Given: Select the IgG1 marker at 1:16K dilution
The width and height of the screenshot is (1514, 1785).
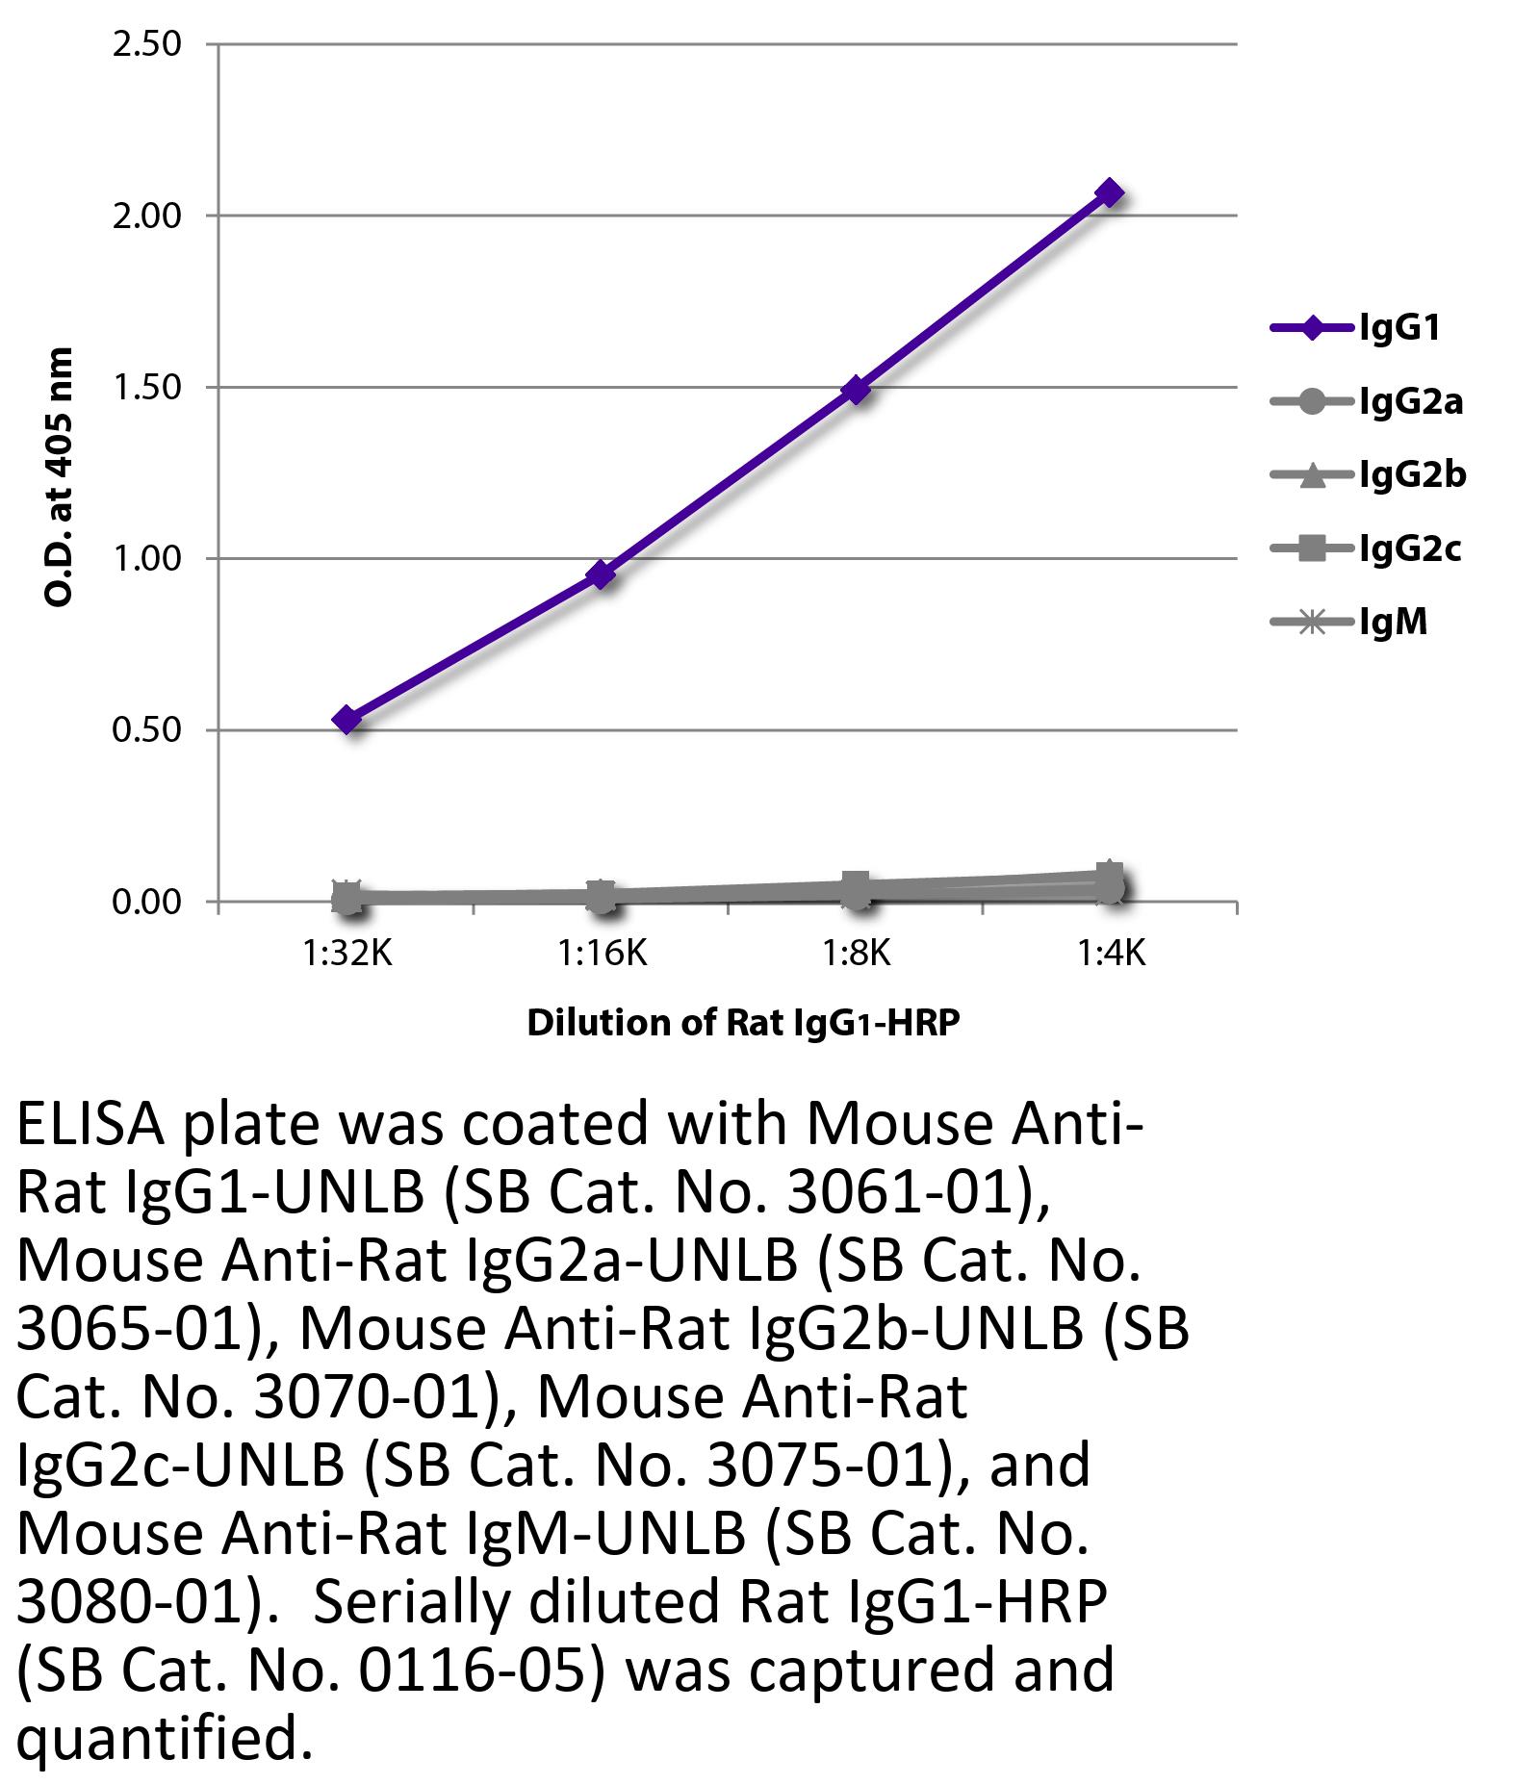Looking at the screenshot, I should click(602, 574).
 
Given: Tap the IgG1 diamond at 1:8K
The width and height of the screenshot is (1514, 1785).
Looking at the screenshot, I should click(856, 390).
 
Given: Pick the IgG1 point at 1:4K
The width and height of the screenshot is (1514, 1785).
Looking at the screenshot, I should click(1110, 192).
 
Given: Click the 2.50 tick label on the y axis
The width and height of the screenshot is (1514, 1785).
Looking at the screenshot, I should click(146, 44).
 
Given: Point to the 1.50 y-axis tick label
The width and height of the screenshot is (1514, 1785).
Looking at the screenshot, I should click(146, 387).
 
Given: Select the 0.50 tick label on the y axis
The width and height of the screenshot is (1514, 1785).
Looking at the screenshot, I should click(146, 730).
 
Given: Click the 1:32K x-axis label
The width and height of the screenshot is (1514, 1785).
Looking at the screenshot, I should click(347, 954).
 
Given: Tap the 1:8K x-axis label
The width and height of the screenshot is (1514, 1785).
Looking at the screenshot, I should click(856, 954).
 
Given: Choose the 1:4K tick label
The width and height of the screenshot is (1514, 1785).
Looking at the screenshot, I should click(1111, 954).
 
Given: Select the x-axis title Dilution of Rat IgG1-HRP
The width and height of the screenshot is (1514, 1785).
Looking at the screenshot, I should click(743, 1022).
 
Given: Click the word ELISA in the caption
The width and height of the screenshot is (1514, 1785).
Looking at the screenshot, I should click(91, 1125).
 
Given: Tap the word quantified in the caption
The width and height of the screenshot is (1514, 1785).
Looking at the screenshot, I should click(165, 1739).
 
